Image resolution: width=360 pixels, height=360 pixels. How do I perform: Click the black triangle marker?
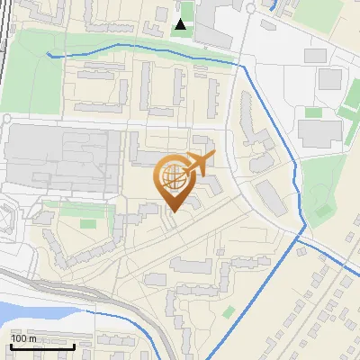coord(182,24)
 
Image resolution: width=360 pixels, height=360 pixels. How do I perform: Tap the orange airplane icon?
coord(198,164)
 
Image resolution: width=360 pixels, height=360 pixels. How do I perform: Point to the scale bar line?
coord(42,346)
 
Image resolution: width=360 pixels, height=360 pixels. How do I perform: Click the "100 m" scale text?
coord(24,338)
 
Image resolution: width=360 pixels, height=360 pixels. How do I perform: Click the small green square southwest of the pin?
coord(87,222)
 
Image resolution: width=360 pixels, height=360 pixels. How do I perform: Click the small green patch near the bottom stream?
coord(229,311)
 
